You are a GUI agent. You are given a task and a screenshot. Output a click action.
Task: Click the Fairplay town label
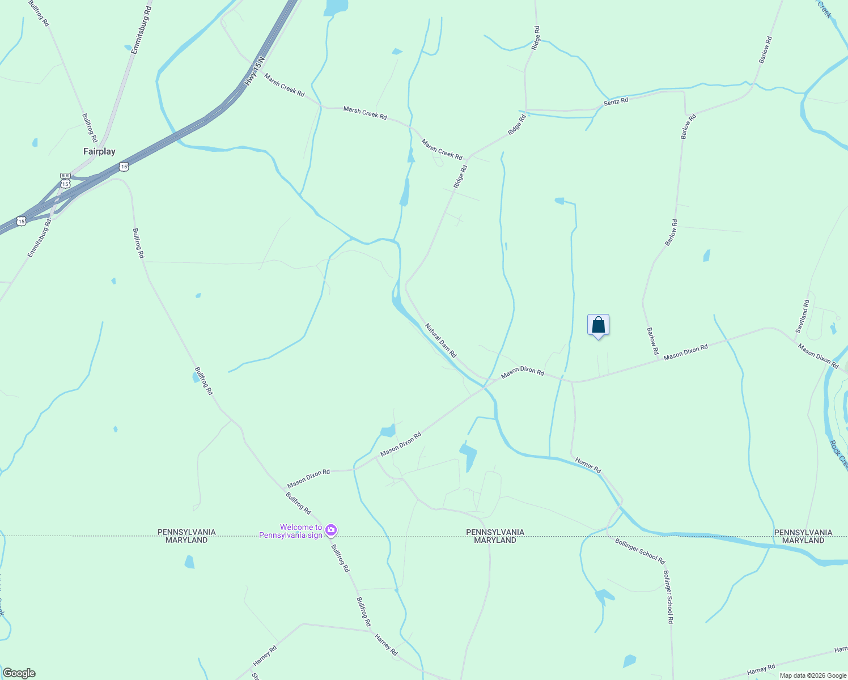click(x=99, y=151)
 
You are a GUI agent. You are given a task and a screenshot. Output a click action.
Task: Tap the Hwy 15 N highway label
click(x=255, y=71)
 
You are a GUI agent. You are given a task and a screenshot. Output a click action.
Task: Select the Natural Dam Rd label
click(x=441, y=340)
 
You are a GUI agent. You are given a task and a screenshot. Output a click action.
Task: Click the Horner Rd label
click(x=588, y=465)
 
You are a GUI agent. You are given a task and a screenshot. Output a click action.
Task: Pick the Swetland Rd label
click(x=802, y=317)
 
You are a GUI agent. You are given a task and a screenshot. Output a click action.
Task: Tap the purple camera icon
click(x=331, y=531)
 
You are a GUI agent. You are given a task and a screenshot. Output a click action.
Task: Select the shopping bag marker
click(x=598, y=325)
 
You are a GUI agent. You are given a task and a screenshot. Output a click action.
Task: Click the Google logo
click(x=18, y=673)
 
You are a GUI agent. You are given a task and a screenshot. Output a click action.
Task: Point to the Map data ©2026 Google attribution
click(x=813, y=675)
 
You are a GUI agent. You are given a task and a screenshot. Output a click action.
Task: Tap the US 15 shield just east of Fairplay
click(x=124, y=167)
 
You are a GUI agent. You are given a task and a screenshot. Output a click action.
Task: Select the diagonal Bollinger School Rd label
click(x=640, y=550)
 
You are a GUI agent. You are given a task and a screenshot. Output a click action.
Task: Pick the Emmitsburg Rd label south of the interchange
click(x=39, y=238)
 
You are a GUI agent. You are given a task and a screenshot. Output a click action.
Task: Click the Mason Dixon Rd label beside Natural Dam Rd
click(x=523, y=371)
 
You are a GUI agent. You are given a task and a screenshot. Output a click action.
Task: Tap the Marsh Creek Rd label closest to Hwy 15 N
click(x=285, y=85)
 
